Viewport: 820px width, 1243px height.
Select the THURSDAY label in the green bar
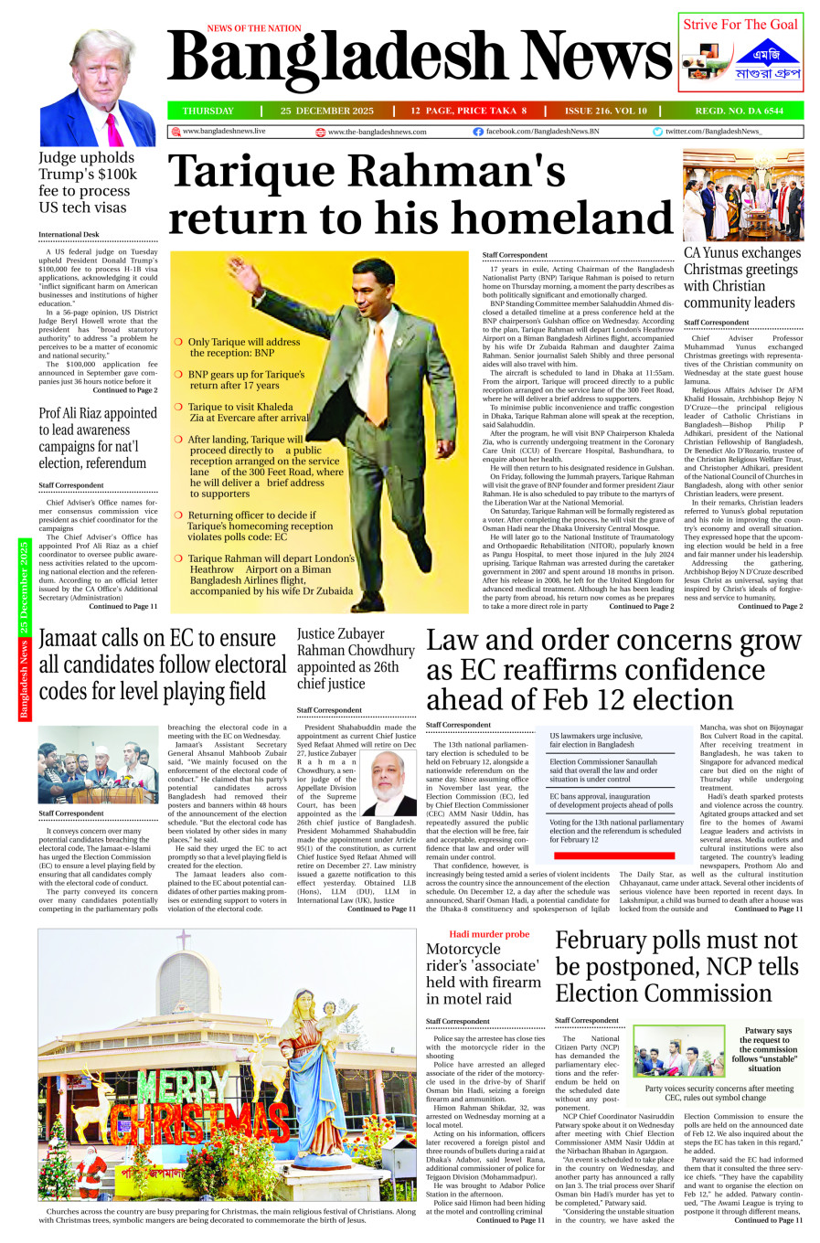[208, 111]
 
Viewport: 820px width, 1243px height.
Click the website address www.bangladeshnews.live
[224, 132]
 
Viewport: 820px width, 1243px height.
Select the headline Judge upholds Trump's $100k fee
[88, 182]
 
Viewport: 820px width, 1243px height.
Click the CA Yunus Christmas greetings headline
[740, 277]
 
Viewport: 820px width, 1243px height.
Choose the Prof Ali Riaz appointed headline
[98, 438]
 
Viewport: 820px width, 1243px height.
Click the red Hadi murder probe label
[488, 934]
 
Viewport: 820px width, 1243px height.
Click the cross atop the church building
[184, 938]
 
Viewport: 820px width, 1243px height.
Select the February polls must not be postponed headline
[677, 966]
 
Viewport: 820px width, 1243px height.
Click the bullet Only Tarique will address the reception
[243, 347]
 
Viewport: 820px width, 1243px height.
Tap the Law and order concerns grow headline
[613, 670]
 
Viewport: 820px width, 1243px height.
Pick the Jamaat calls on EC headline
[162, 664]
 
